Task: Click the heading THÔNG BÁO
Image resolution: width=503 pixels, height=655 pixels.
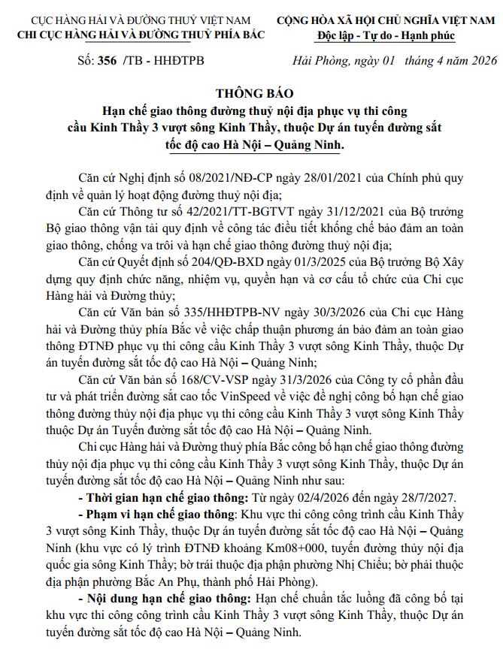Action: pos(251,94)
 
